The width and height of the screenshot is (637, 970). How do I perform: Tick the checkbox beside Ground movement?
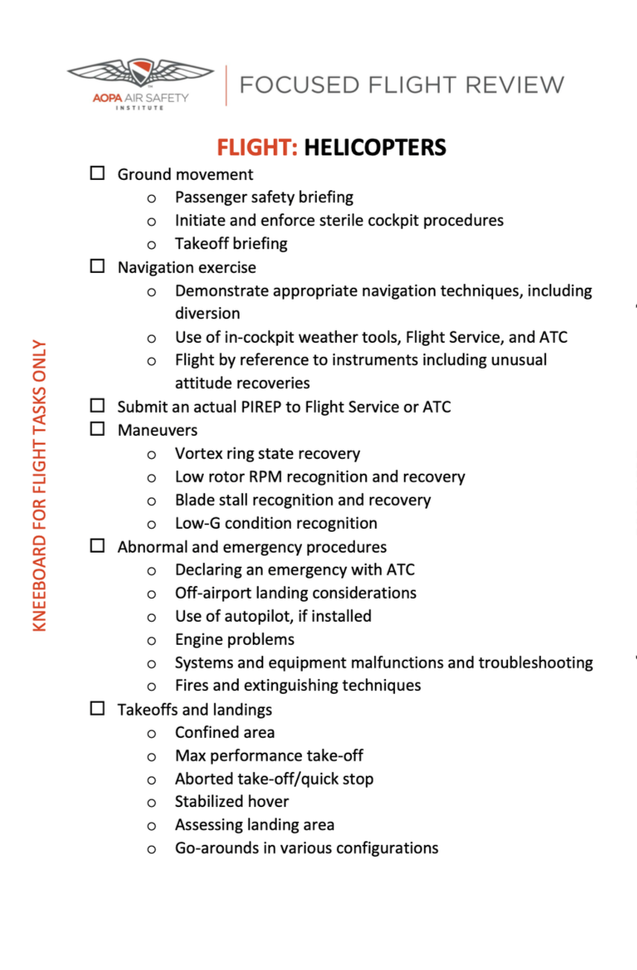point(97,173)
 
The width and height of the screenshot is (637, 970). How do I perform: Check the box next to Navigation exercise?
point(97,266)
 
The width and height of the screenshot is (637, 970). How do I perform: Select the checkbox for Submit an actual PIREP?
point(97,405)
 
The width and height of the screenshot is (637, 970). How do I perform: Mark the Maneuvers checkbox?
point(97,429)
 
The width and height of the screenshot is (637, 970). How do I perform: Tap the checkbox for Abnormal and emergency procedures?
point(97,546)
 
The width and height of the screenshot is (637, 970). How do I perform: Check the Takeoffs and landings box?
point(97,708)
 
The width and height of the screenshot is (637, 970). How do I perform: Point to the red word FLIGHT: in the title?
point(257,147)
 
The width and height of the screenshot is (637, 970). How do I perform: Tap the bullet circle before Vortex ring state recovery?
point(152,455)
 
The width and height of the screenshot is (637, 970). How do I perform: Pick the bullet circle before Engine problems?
point(152,640)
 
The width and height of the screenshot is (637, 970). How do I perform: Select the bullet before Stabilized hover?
point(152,803)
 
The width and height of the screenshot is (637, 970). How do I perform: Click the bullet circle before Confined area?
point(152,733)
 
